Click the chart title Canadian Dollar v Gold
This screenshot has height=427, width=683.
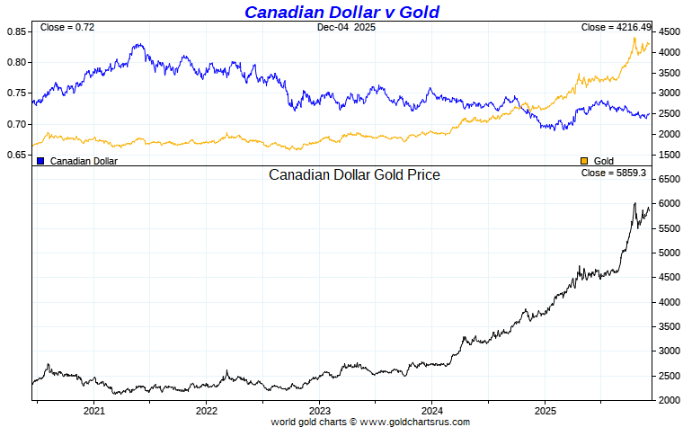pyautogui.click(x=341, y=12)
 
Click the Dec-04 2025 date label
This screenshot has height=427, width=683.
pyautogui.click(x=346, y=28)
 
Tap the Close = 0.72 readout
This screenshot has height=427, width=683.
pyautogui.click(x=67, y=28)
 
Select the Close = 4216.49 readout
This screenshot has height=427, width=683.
pyautogui.click(x=614, y=28)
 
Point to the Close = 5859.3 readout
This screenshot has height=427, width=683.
pyautogui.click(x=614, y=173)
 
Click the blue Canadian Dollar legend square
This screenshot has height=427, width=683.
pyautogui.click(x=40, y=161)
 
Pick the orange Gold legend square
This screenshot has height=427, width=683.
pyautogui.click(x=584, y=161)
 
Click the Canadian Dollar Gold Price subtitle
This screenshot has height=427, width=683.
pyautogui.click(x=354, y=175)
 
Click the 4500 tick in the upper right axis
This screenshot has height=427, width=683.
pyautogui.click(x=669, y=31)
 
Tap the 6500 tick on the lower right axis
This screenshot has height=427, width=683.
pyautogui.click(x=669, y=180)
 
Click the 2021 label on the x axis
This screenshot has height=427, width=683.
pyautogui.click(x=94, y=410)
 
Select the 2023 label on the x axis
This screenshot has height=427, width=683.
pyautogui.click(x=319, y=410)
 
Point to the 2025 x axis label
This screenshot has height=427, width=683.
pyautogui.click(x=544, y=410)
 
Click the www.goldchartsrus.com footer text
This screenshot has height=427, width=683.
pyautogui.click(x=414, y=421)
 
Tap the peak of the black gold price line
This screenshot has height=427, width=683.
pyautogui.click(x=634, y=203)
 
